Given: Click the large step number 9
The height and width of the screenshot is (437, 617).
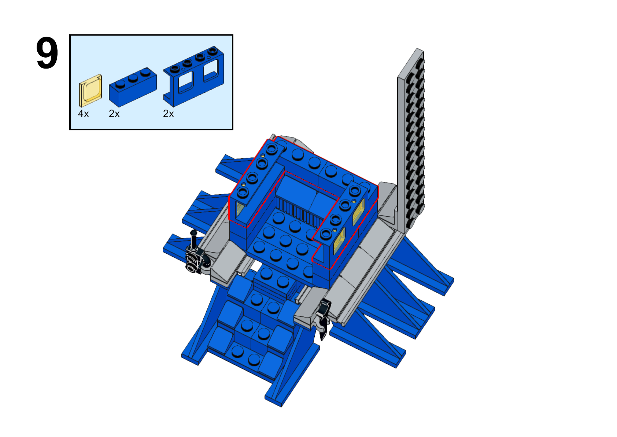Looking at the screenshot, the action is [47, 53].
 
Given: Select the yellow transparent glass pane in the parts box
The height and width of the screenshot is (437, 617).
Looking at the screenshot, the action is [90, 91].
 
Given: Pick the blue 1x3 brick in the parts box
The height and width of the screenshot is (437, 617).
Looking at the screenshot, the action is [133, 87].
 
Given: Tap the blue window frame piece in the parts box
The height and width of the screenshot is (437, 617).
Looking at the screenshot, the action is [194, 76].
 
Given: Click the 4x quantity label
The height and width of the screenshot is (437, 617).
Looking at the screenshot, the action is [84, 114].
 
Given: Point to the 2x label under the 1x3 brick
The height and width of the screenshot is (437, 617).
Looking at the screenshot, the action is [114, 114].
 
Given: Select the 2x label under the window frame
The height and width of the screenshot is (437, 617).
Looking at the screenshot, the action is [168, 114].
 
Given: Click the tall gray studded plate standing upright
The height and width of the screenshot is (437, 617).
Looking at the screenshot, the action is [411, 140].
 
